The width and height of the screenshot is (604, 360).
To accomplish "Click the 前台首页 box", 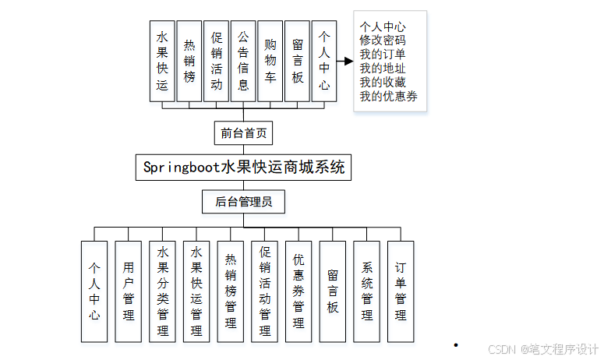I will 243,132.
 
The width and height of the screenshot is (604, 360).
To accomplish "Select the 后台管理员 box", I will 243,202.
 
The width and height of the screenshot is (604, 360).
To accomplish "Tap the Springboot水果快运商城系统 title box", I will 243,167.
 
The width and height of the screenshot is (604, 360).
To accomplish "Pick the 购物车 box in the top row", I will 270,61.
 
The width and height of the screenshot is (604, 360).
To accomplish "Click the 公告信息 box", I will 243,61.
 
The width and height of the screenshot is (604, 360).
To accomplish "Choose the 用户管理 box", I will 129,291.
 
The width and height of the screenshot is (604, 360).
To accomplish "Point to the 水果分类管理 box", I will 162,291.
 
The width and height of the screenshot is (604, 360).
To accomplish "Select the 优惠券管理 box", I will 298,291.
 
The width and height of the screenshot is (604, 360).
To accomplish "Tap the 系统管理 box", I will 366,291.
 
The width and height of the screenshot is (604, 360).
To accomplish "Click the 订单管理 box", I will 400,291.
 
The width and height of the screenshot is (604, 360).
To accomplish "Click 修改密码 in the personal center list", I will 382,40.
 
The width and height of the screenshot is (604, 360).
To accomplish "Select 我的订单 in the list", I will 382,54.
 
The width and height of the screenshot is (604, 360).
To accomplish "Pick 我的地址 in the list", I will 382,68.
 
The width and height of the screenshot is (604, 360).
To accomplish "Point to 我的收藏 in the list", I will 382,82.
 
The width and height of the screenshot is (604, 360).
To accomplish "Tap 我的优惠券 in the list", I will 388,96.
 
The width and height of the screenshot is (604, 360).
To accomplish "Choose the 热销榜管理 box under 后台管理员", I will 230,291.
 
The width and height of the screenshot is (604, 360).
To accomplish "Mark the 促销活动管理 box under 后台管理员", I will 264,291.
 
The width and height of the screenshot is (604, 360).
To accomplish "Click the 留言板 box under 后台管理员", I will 332,291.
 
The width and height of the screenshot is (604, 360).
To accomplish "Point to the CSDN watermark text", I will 542,348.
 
